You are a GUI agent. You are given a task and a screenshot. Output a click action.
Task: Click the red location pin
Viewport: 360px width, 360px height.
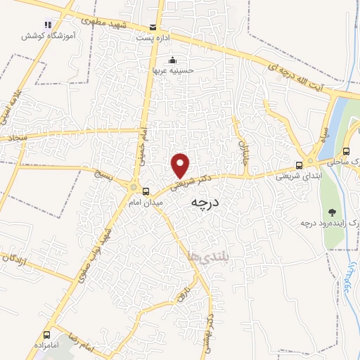181,166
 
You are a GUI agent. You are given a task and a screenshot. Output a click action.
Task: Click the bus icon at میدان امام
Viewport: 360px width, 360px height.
146,191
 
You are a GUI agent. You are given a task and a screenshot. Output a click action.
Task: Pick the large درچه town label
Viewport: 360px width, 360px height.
205,202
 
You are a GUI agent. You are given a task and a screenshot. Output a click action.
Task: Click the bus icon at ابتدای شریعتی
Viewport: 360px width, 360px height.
300,166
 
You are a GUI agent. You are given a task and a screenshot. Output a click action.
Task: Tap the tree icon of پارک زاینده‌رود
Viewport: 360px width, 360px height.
330,212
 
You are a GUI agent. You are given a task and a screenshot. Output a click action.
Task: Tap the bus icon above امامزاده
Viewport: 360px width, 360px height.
47,335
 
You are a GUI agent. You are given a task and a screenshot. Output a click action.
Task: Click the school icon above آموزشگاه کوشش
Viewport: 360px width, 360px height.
48,25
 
